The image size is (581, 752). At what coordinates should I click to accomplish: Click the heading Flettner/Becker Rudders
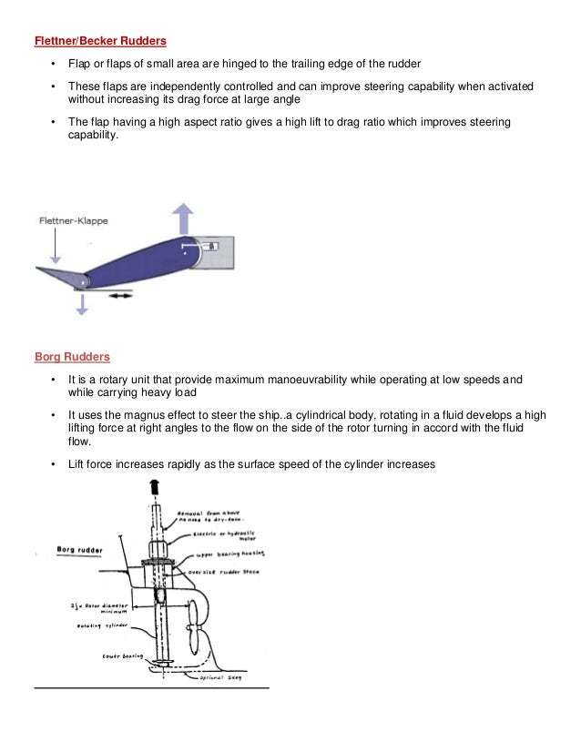click(100, 43)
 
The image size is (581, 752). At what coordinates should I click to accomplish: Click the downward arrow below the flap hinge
click(82, 302)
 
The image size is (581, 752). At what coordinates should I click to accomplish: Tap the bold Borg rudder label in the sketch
click(74, 552)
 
